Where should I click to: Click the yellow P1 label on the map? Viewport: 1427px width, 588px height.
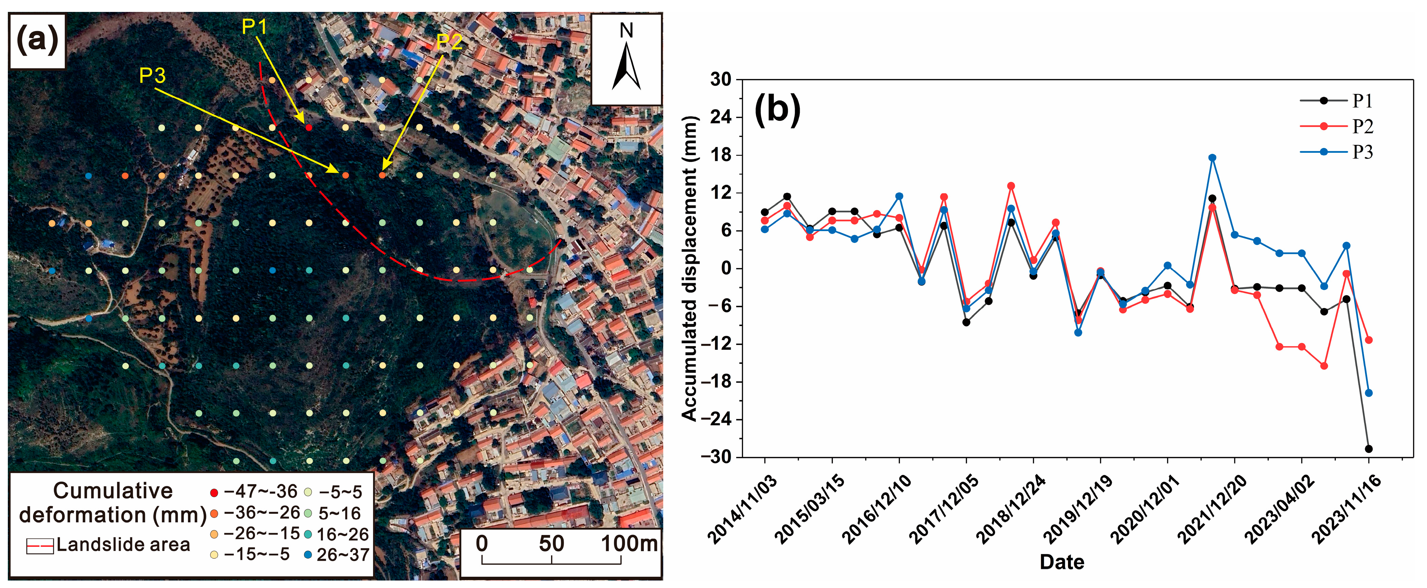coord(254,27)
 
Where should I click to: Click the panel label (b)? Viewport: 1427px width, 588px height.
coord(777,109)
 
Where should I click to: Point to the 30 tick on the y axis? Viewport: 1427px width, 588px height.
coord(721,80)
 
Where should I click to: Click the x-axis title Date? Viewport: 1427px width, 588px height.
coord(1061,562)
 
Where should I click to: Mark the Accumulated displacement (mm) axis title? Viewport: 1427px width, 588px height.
coord(688,268)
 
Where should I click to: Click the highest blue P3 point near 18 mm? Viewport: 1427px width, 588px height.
coord(1212,158)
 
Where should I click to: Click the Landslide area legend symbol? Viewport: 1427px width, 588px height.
coord(40,546)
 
